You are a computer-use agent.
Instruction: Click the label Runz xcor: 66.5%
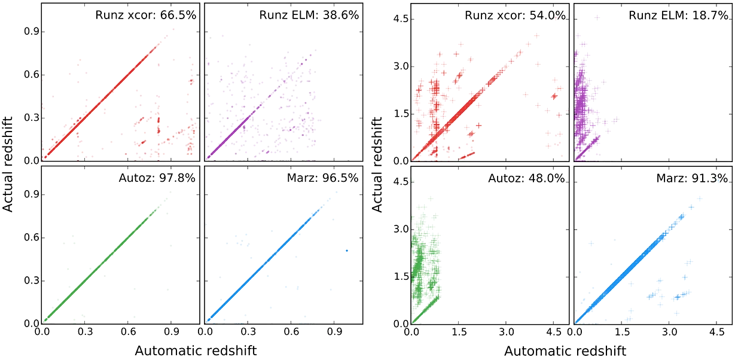point(145,15)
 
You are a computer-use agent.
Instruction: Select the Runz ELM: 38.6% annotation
point(309,15)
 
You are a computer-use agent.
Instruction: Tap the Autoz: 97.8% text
point(157,178)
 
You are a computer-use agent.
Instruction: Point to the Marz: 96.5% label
point(322,178)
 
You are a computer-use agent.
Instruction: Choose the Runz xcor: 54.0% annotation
point(515,15)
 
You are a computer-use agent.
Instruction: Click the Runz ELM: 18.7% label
point(678,15)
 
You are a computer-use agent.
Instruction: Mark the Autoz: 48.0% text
point(527,179)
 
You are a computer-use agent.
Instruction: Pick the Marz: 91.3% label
point(692,179)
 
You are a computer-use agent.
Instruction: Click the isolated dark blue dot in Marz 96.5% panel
point(347,251)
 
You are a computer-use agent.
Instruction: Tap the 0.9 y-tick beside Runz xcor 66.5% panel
point(31,32)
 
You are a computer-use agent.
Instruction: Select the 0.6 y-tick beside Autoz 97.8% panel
point(31,237)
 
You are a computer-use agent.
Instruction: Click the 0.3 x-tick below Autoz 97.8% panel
point(85,332)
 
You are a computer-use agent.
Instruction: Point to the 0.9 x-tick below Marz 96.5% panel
point(334,332)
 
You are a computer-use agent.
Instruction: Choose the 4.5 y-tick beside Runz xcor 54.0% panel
point(400,19)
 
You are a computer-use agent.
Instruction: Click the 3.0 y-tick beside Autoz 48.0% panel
point(400,229)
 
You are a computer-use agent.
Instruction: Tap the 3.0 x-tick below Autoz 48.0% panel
point(506,332)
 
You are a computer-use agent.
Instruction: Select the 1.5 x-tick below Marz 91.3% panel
point(623,332)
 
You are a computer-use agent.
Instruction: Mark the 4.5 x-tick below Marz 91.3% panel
point(717,332)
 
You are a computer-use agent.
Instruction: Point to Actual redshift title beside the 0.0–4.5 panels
point(377,164)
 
